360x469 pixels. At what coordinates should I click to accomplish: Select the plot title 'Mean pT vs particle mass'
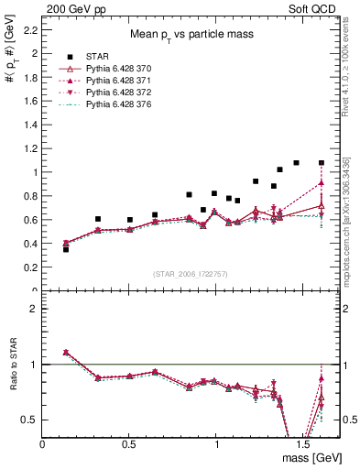(x=192, y=34)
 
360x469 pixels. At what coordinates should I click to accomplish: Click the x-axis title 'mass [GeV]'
(x=313, y=457)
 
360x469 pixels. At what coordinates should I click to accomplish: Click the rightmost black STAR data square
(x=322, y=163)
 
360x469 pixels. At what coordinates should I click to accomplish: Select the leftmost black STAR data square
(x=66, y=249)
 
